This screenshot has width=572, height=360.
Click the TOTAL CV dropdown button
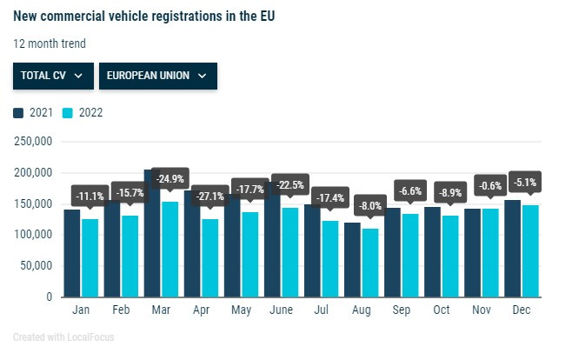(51, 76)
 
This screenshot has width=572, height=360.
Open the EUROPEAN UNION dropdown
(157, 76)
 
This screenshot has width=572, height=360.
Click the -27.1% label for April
(211, 197)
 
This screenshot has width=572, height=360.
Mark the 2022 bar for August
(371, 263)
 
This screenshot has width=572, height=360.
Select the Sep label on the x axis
(402, 309)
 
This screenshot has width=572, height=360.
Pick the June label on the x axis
(281, 309)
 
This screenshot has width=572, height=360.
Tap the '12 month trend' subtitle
(50, 43)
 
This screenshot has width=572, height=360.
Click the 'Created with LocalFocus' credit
(63, 337)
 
